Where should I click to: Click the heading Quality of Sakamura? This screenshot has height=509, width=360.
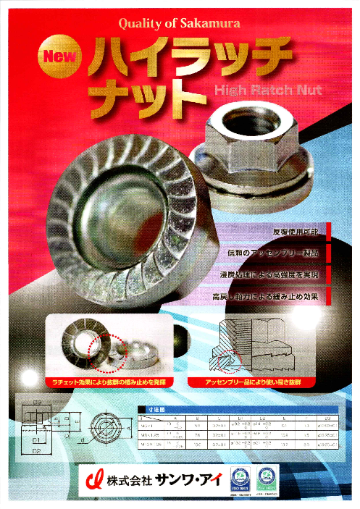tap(180, 24)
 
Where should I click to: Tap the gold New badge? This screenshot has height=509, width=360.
tap(60, 56)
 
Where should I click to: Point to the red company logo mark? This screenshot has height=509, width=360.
tap(93, 481)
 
